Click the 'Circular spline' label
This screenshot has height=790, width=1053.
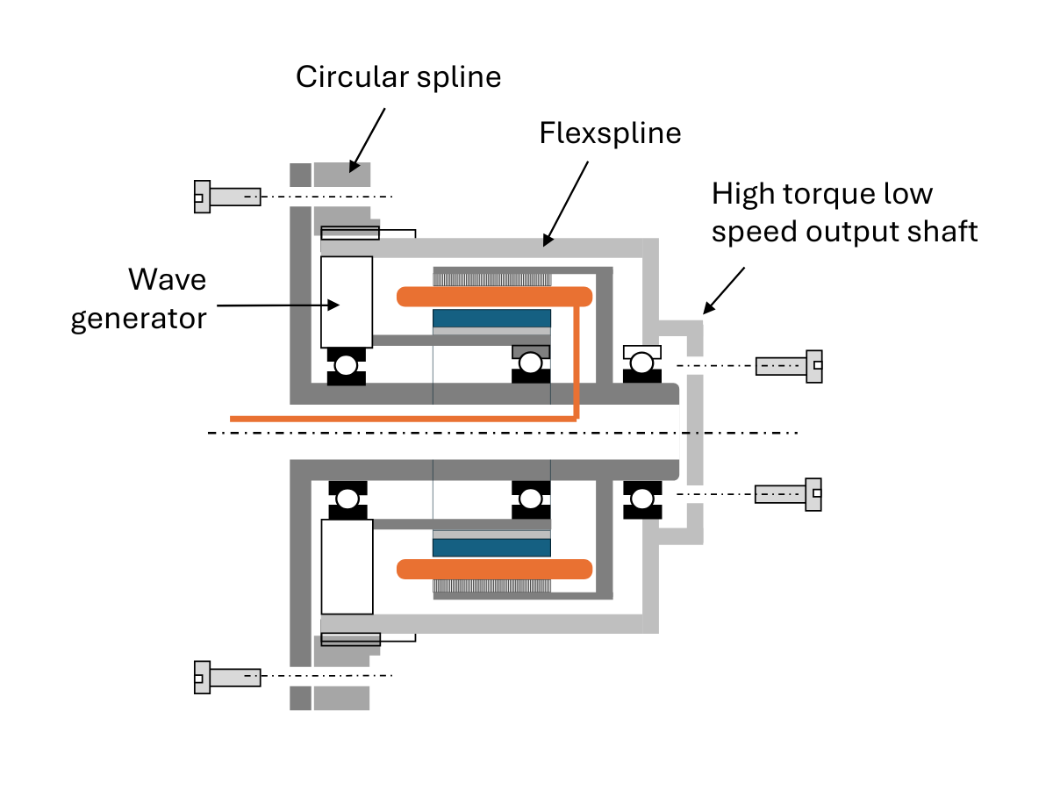(398, 77)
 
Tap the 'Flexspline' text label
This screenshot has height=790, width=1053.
(610, 133)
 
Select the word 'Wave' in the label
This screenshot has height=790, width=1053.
(167, 279)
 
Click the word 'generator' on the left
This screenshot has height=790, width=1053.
(139, 320)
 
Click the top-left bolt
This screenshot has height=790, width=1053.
(227, 197)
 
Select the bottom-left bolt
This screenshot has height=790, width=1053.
(227, 678)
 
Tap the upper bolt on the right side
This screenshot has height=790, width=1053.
(789, 366)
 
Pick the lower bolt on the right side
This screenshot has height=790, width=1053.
(788, 494)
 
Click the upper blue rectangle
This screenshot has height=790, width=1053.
(491, 319)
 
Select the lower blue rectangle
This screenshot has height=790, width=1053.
(491, 548)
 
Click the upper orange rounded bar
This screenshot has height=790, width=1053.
(495, 297)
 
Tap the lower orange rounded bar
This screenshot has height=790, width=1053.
(495, 570)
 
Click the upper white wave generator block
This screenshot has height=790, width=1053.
(347, 302)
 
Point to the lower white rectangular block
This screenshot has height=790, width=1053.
(347, 567)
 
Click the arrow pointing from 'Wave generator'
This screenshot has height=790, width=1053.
(278, 305)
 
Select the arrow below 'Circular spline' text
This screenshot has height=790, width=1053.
(367, 140)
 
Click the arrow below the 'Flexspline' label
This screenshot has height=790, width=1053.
(566, 204)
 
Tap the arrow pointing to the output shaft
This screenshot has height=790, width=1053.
(724, 291)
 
